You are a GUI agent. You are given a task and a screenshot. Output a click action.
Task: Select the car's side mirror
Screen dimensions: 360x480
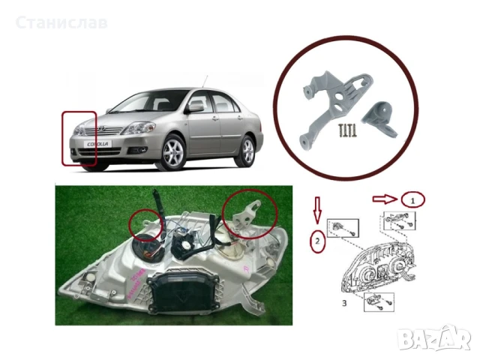[x=195, y=107]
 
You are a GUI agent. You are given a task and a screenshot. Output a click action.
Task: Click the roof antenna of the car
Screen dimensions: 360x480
[x=204, y=80]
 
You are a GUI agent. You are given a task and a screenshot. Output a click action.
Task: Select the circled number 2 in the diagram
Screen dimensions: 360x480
[x=319, y=241]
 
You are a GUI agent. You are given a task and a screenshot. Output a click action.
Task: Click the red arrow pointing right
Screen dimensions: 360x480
[x=382, y=199]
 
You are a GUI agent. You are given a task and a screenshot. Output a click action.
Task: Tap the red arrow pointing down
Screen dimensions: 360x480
[x=319, y=211]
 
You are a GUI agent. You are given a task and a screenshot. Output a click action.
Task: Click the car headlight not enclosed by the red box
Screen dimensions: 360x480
[x=139, y=128]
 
